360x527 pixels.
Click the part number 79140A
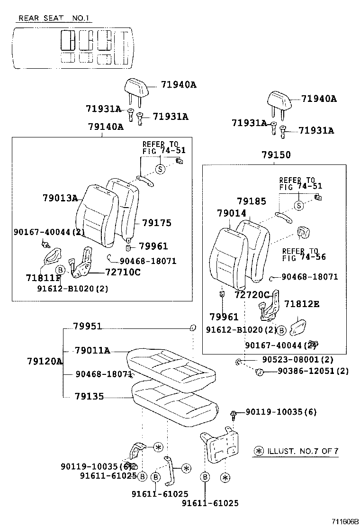pyautogui.click(x=105, y=127)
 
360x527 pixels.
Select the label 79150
pyautogui.click(x=276, y=155)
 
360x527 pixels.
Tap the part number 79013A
pyautogui.click(x=60, y=198)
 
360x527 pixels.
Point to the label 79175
pyautogui.click(x=156, y=223)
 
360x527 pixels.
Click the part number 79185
pyautogui.click(x=252, y=201)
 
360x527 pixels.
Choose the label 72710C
pyautogui.click(x=123, y=272)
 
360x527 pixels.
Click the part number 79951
pyautogui.click(x=88, y=327)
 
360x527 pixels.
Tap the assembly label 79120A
pyautogui.click(x=45, y=362)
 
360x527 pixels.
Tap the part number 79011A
pyautogui.click(x=92, y=351)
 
